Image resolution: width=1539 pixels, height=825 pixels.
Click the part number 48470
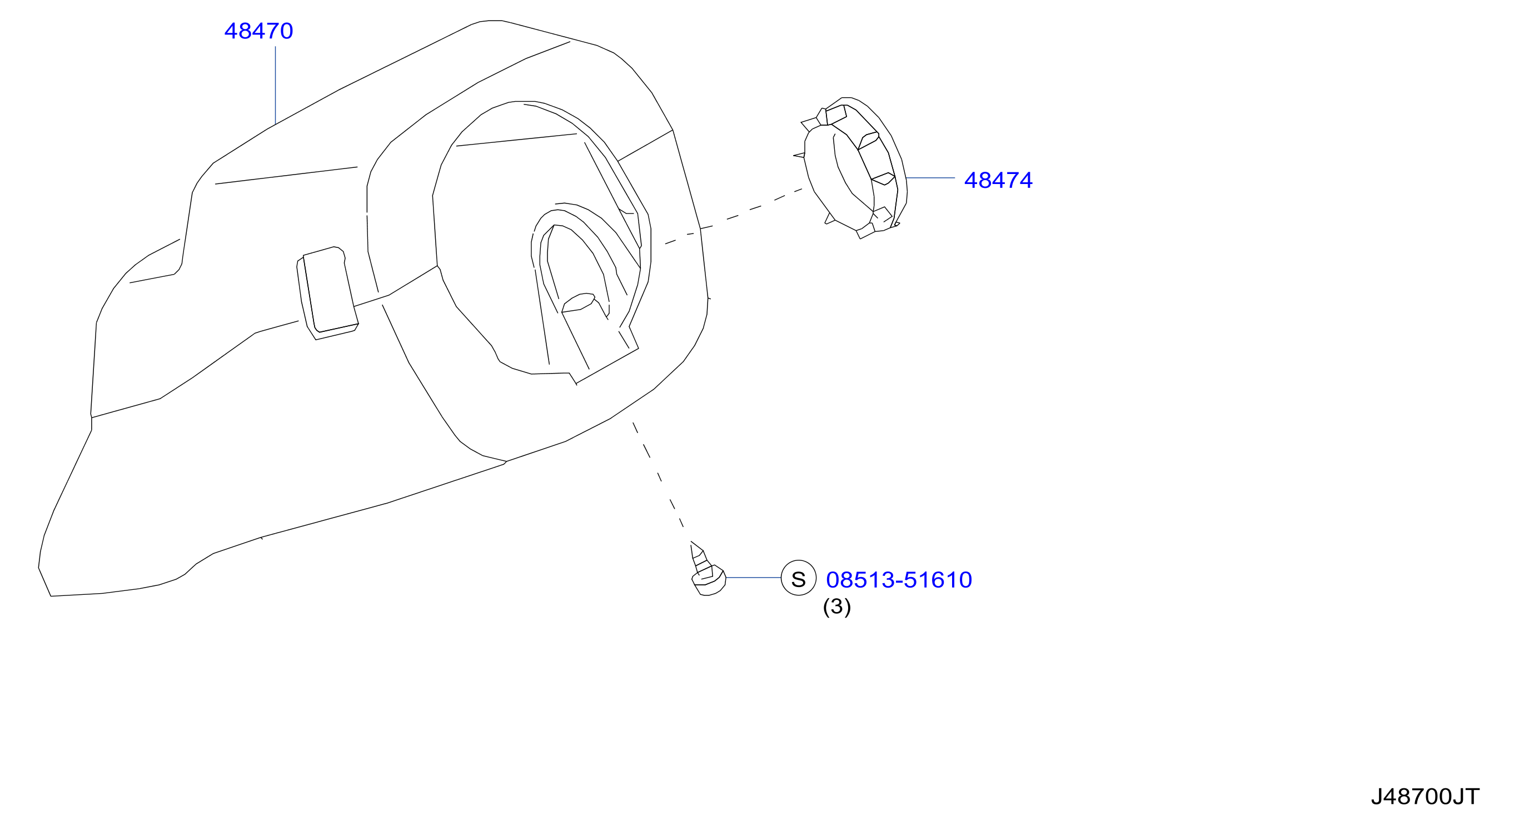click(x=258, y=31)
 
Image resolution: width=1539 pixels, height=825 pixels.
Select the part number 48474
click(x=998, y=181)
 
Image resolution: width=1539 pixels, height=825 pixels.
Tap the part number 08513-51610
click(x=899, y=580)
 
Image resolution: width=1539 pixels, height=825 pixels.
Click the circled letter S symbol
click(x=799, y=578)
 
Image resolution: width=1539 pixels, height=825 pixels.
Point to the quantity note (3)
click(x=837, y=607)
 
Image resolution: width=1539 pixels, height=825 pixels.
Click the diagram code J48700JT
click(x=1425, y=797)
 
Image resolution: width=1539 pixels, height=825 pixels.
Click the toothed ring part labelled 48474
click(x=851, y=168)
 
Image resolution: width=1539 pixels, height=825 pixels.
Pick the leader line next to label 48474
click(x=930, y=178)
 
